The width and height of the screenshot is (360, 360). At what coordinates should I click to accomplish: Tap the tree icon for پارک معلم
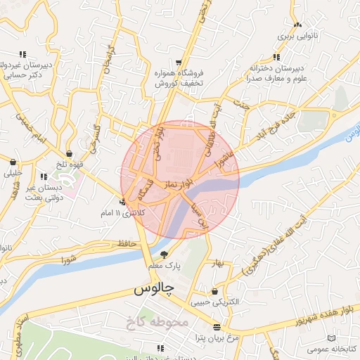165,254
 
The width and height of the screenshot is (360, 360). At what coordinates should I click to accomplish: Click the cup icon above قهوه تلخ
70,153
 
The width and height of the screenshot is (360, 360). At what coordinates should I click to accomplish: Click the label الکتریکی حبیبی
219,302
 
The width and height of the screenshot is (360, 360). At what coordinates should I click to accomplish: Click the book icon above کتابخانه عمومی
332,338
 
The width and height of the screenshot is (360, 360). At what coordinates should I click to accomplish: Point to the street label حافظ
127,243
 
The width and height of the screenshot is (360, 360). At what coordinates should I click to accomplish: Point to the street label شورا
69,259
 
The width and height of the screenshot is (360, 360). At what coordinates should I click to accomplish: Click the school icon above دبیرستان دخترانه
276,57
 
